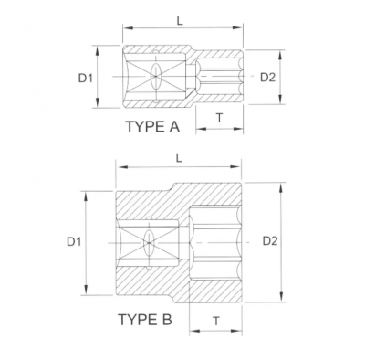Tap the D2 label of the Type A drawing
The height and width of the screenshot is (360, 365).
tap(267, 77)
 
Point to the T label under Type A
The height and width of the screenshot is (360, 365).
tap(219, 116)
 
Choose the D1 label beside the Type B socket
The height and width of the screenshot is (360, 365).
tap(75, 242)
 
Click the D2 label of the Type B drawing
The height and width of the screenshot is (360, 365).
tap(271, 241)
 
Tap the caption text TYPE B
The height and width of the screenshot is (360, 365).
tap(145, 320)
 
